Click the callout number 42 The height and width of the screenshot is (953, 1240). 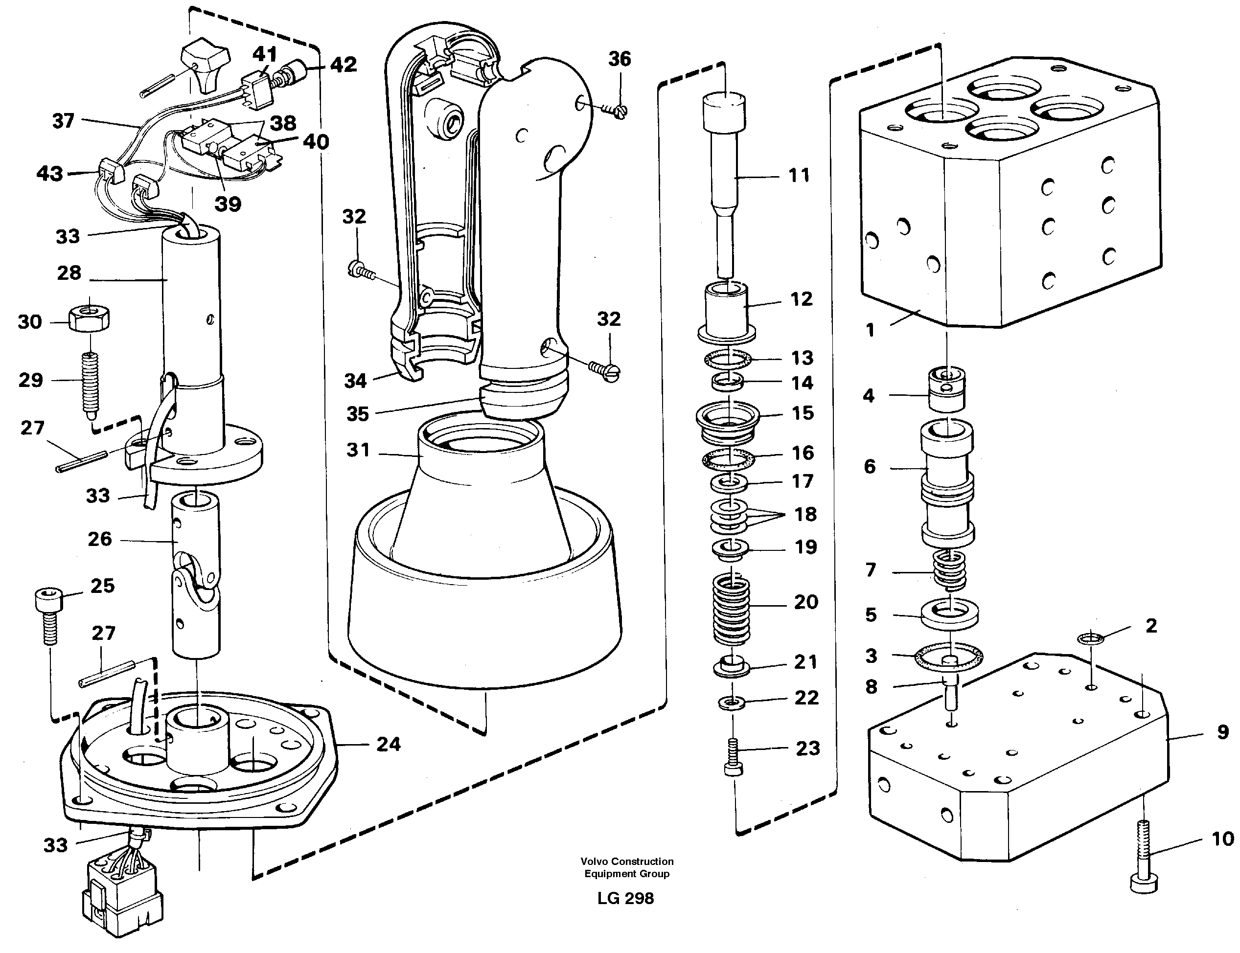click(343, 65)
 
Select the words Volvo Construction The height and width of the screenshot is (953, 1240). click(627, 861)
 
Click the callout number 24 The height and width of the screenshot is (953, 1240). click(388, 744)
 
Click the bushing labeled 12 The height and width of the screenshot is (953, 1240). click(726, 312)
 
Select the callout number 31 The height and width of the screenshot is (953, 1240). click(358, 450)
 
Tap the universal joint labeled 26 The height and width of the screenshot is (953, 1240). click(196, 573)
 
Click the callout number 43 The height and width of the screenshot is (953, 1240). click(49, 173)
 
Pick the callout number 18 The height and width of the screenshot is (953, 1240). click(805, 514)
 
